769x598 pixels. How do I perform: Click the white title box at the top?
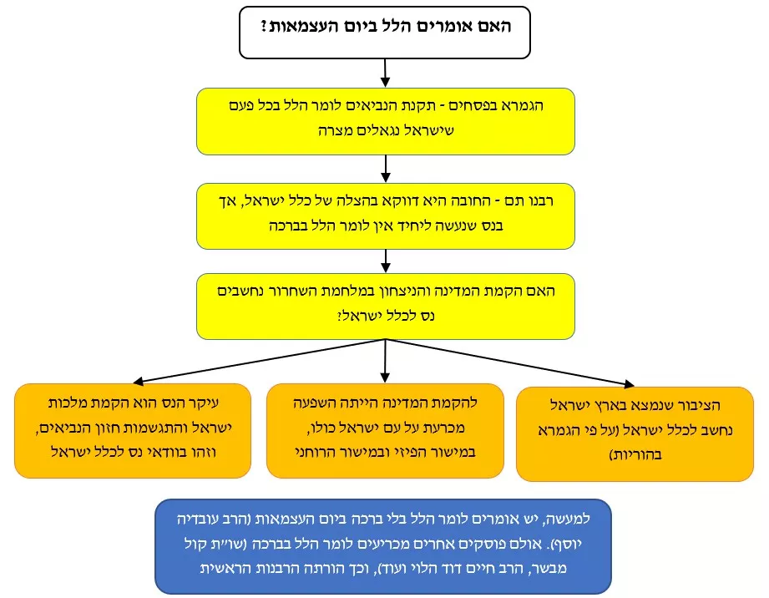pyautogui.click(x=384, y=33)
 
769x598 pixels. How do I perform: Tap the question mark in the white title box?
pyautogui.click(x=264, y=26)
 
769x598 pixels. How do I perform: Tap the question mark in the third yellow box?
pyautogui.click(x=340, y=316)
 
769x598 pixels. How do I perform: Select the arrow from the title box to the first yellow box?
pyautogui.click(x=385, y=73)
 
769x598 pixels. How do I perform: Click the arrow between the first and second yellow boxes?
pyautogui.click(x=386, y=169)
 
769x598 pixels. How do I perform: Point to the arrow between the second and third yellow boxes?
pyautogui.click(x=386, y=261)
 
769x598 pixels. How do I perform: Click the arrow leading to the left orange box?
pyautogui.click(x=259, y=361)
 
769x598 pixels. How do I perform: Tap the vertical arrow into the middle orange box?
pyautogui.click(x=385, y=361)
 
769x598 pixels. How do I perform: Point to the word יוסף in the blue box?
pyautogui.click(x=571, y=544)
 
